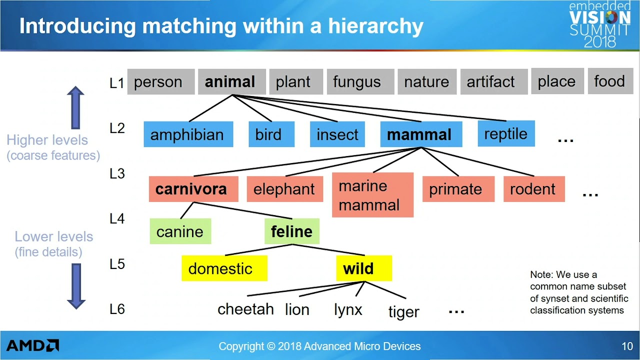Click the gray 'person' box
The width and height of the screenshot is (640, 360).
click(x=161, y=81)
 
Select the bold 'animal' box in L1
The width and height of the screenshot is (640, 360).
click(x=231, y=81)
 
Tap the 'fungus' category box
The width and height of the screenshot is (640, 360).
click(x=360, y=81)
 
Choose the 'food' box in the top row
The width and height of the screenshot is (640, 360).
click(x=610, y=81)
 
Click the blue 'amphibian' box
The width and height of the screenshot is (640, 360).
click(x=188, y=134)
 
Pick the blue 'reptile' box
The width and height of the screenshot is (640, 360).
click(x=506, y=133)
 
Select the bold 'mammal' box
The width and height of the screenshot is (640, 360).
click(x=421, y=134)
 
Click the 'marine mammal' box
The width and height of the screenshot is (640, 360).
click(x=372, y=195)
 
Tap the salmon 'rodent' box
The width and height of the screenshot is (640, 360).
click(x=534, y=189)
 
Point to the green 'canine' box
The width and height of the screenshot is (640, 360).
click(x=180, y=231)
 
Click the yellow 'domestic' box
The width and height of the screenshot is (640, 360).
click(x=224, y=268)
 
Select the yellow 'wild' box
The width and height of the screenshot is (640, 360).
click(x=364, y=268)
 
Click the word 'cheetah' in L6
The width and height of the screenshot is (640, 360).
click(x=245, y=309)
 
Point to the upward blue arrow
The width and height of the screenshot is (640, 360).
click(x=75, y=107)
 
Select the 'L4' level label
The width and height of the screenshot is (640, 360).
click(x=117, y=219)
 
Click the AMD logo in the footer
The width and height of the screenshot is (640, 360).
click(x=32, y=345)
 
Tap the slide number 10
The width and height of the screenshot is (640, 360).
click(x=627, y=346)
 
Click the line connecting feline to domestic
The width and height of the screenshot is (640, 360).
click(x=258, y=249)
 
